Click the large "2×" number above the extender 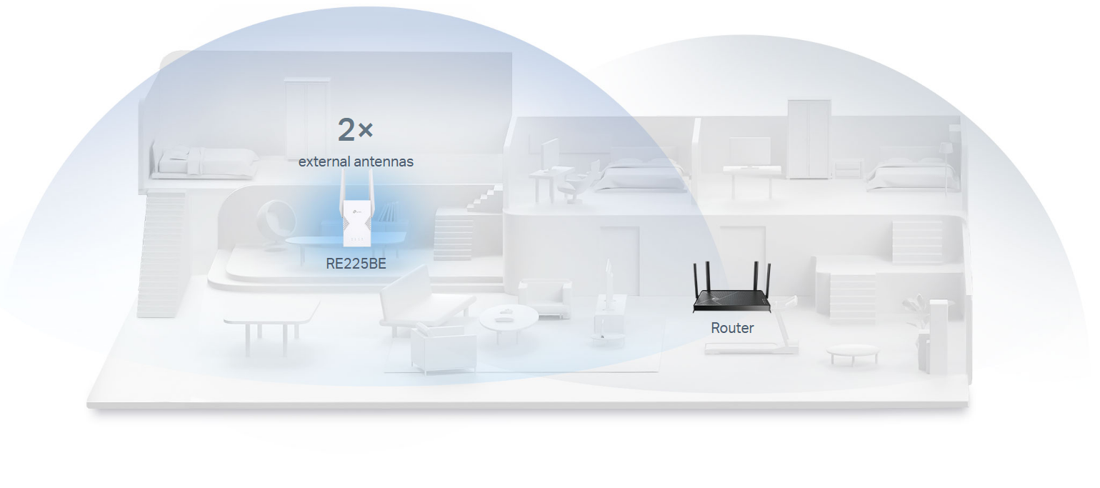click(355, 130)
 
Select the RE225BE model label click(356, 264)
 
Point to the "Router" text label click(732, 328)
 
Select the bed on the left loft click(206, 162)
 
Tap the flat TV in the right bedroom click(749, 151)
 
